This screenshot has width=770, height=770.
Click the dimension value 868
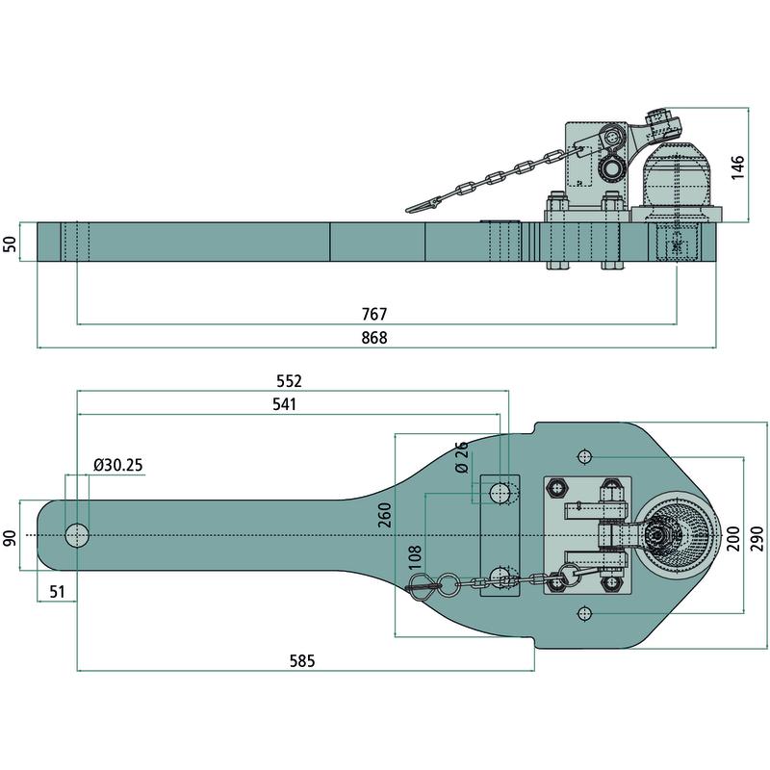375,337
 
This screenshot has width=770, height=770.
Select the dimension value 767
375,315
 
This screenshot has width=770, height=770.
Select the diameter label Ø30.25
118,465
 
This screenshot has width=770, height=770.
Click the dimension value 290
758,535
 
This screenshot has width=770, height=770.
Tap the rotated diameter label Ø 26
461,457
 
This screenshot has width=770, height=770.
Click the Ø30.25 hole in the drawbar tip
76,535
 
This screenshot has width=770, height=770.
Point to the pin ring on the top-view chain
449,583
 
